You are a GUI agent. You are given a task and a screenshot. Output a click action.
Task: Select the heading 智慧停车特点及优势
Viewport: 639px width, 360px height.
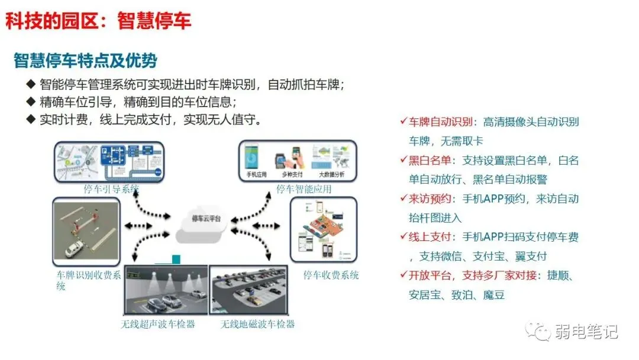click(x=85, y=60)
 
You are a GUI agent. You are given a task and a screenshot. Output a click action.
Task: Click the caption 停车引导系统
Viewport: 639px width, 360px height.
click(x=112, y=189)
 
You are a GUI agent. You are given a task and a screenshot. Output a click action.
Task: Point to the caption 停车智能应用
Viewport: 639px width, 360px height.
click(x=304, y=189)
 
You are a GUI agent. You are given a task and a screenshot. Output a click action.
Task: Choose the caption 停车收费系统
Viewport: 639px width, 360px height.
click(x=331, y=275)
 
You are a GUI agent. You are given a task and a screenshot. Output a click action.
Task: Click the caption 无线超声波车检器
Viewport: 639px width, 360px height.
click(x=158, y=324)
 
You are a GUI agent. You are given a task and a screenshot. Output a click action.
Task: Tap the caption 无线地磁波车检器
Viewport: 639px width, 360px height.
click(x=257, y=324)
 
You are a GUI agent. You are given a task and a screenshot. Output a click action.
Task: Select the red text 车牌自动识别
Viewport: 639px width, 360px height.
click(x=441, y=123)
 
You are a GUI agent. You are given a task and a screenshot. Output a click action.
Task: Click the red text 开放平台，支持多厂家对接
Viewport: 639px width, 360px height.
click(x=473, y=275)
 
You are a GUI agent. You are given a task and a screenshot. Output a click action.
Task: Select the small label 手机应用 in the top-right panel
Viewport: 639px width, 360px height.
click(x=257, y=175)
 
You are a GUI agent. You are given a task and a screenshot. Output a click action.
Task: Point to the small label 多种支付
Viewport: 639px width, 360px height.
click(x=292, y=175)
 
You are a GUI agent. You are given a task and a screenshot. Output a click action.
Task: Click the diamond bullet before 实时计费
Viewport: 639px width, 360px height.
click(x=31, y=119)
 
